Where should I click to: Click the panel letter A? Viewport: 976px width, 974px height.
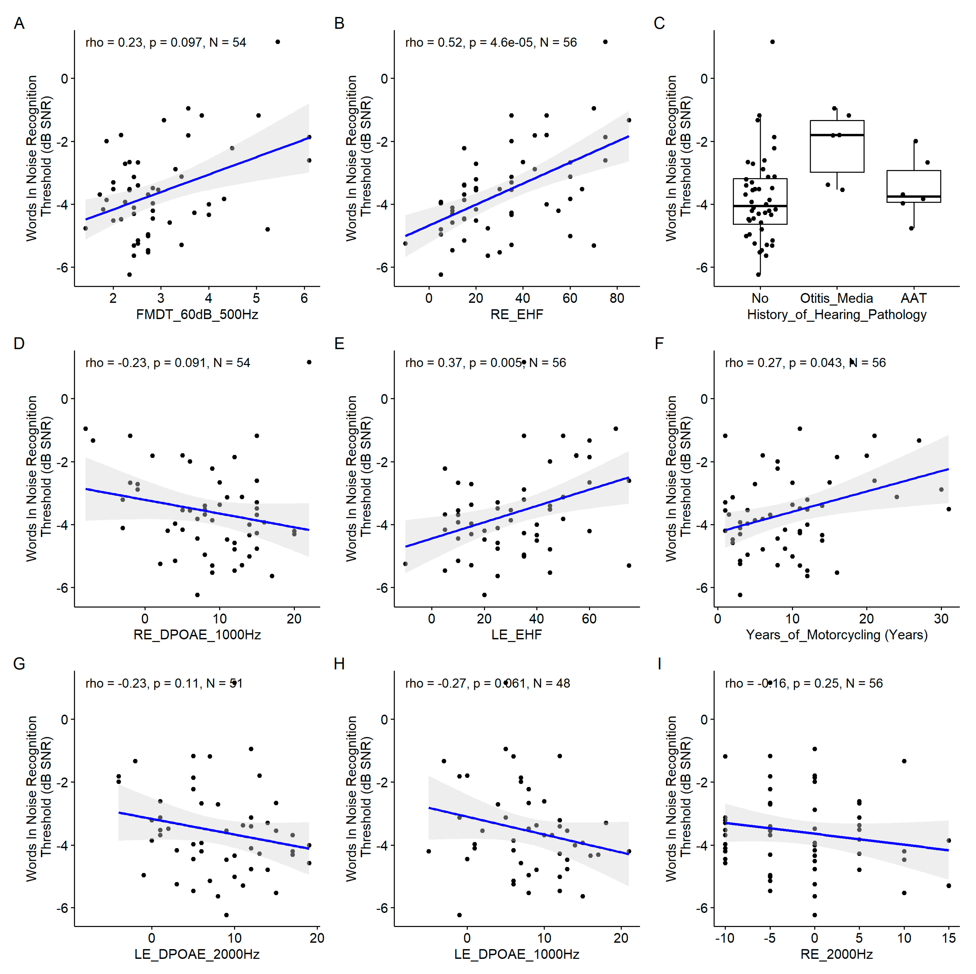point(19,23)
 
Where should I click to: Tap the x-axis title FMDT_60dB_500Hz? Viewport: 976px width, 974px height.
point(197,315)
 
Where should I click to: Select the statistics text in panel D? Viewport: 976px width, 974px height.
point(168,362)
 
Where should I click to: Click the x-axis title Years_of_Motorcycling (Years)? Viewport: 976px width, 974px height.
point(837,635)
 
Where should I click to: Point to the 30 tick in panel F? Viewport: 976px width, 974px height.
point(941,618)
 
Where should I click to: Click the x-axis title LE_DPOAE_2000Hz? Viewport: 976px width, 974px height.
point(197,954)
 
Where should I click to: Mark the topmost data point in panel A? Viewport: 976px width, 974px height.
point(277,42)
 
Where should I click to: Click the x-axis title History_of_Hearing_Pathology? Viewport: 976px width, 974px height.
point(837,315)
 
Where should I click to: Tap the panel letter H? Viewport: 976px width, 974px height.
point(339,664)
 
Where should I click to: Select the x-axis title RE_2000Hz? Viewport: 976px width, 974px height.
point(837,954)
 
